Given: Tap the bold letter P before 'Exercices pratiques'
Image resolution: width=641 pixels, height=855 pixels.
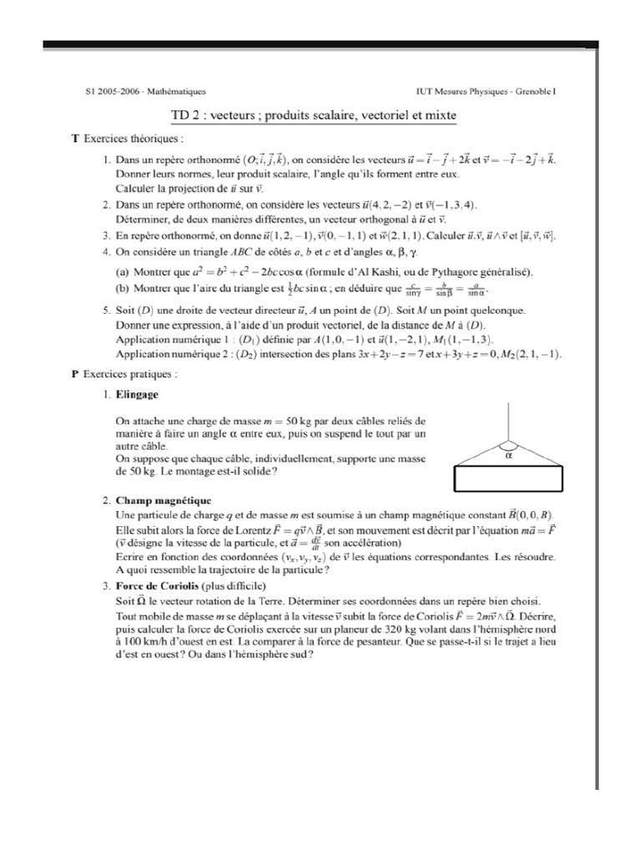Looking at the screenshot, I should (75, 375).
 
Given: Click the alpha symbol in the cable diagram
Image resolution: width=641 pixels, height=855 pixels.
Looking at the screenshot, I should (508, 457).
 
